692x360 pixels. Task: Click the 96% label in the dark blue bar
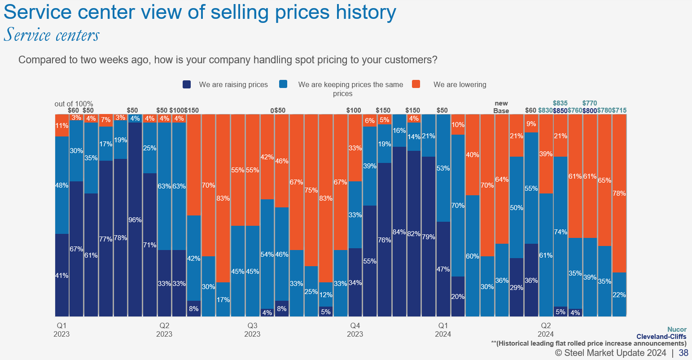click(135, 220)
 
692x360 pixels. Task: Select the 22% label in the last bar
click(619, 295)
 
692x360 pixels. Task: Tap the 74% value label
click(561, 232)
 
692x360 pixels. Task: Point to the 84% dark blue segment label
click(399, 232)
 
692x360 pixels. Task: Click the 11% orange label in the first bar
click(61, 126)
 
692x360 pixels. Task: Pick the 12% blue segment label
click(326, 295)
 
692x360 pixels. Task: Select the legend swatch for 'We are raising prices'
click(187, 84)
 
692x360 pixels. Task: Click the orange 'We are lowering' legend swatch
click(416, 84)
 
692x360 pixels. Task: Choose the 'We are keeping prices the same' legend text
click(350, 84)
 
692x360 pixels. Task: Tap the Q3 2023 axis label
click(252, 329)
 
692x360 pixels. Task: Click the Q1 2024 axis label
click(443, 329)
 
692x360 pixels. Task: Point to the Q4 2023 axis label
click(355, 329)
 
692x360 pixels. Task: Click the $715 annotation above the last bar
click(619, 110)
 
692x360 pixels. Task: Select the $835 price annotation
click(561, 103)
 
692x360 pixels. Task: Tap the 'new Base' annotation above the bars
click(501, 107)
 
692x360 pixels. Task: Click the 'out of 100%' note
click(74, 104)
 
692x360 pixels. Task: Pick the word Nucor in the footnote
click(677, 329)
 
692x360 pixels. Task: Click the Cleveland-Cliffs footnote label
click(661, 337)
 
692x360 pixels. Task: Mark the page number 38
click(683, 353)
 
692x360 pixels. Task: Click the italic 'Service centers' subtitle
click(52, 35)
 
